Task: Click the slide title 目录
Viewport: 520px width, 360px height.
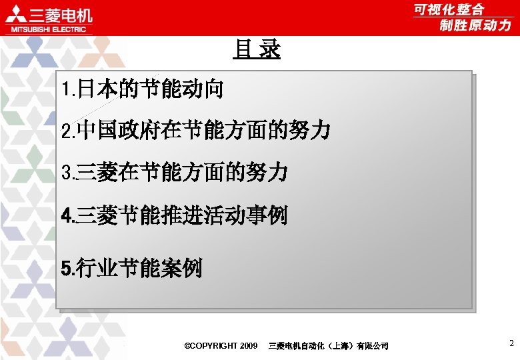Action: (257, 49)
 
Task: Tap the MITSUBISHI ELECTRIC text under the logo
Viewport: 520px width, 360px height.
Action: (47, 29)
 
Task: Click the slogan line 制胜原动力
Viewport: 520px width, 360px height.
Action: (475, 25)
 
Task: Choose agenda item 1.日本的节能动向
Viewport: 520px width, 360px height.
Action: (141, 89)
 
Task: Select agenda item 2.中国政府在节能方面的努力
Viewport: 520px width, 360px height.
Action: (195, 131)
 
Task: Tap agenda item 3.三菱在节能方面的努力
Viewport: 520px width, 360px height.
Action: (174, 173)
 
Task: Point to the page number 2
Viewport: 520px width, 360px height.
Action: (511, 343)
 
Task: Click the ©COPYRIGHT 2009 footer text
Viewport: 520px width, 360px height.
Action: (220, 345)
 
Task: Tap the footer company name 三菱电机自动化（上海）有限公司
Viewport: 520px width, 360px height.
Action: (328, 345)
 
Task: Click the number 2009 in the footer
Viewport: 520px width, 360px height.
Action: (247, 345)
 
